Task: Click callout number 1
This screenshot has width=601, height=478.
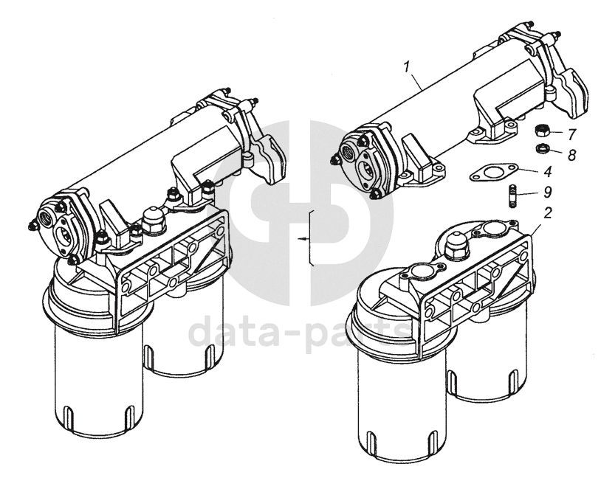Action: click(407, 66)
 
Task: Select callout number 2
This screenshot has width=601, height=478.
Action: click(548, 213)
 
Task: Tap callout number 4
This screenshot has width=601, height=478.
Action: click(548, 172)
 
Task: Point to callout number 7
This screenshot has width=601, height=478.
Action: click(572, 134)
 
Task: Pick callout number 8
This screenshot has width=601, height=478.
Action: click(572, 155)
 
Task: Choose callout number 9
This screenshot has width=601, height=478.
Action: click(548, 192)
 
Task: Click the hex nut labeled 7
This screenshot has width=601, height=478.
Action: click(542, 131)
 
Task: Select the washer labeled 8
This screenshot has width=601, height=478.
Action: click(542, 148)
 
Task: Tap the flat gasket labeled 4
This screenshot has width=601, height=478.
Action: click(493, 172)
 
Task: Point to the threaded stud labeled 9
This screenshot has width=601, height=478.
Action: click(512, 196)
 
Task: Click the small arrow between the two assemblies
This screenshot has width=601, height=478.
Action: click(303, 238)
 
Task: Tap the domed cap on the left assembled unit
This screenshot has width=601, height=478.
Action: click(154, 221)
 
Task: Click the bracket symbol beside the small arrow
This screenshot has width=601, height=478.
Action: click(312, 238)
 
